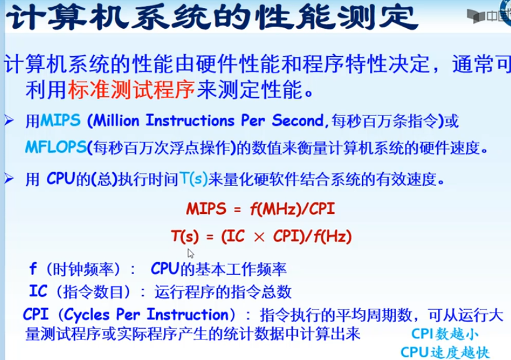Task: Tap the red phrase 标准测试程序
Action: click(131, 90)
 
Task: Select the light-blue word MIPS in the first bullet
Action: click(61, 120)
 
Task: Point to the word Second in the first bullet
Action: click(298, 120)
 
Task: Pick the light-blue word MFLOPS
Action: click(56, 148)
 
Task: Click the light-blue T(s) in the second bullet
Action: click(193, 179)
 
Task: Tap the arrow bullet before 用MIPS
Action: click(9, 120)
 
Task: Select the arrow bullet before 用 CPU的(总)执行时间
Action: click(9, 178)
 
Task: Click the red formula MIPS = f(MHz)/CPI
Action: click(260, 209)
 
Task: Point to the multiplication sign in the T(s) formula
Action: click(259, 237)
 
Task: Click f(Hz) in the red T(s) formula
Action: click(333, 236)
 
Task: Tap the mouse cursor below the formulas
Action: click(191, 253)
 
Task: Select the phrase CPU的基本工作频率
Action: click(218, 269)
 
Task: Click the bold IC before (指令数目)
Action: click(39, 291)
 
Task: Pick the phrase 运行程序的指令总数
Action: click(223, 291)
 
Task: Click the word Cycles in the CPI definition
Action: click(87, 315)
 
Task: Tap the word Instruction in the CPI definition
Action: click(188, 314)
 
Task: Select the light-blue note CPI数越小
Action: click(445, 334)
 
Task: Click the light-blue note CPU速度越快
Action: click(445, 352)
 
